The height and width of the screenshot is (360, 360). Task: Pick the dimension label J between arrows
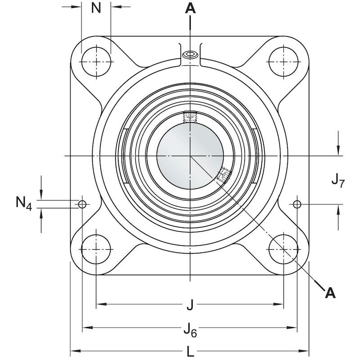[190, 306]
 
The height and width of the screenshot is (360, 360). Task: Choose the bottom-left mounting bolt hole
[96, 248]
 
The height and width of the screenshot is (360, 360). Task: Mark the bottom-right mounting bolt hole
[283, 248]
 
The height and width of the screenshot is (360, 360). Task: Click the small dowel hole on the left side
[82, 204]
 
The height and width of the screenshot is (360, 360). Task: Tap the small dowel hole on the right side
[297, 204]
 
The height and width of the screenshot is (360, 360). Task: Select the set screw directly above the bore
[190, 117]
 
